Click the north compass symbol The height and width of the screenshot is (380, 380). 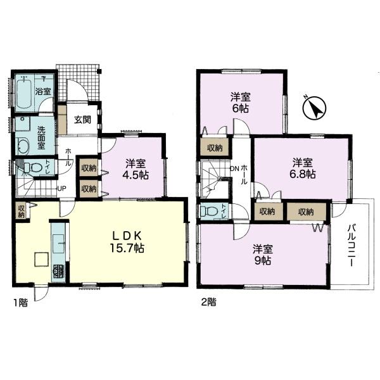pyautogui.click(x=315, y=108)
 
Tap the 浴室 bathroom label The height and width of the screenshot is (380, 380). pyautogui.click(x=43, y=92)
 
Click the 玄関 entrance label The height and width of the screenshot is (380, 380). pyautogui.click(x=82, y=120)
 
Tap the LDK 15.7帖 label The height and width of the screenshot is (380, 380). pyautogui.click(x=127, y=241)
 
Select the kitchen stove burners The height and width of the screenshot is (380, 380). pyautogui.click(x=58, y=272)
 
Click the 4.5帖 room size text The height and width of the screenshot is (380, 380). pyautogui.click(x=136, y=175)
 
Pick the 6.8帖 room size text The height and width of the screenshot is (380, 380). pyautogui.click(x=303, y=174)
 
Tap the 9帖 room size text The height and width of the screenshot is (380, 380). pyautogui.click(x=262, y=260)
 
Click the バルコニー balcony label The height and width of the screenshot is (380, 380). pyautogui.click(x=351, y=246)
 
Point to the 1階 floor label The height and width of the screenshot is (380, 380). pyautogui.click(x=21, y=303)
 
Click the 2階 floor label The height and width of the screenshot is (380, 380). pyautogui.click(x=208, y=302)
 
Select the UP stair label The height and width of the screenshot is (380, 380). pyautogui.click(x=62, y=188)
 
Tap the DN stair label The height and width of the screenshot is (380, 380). pyautogui.click(x=234, y=168)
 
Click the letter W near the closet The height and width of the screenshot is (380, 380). pyautogui.click(x=318, y=228)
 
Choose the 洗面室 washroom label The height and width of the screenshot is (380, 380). pyautogui.click(x=41, y=137)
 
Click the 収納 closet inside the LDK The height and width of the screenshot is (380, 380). pyautogui.click(x=22, y=211)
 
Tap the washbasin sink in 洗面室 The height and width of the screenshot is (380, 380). pyautogui.click(x=23, y=145)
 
